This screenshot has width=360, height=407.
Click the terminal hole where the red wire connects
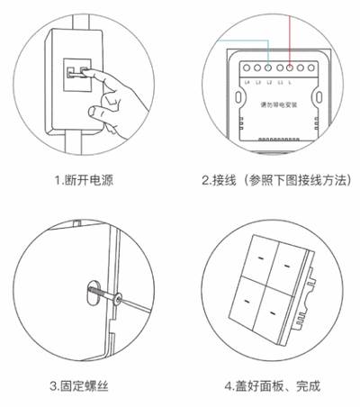pos(288,68)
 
